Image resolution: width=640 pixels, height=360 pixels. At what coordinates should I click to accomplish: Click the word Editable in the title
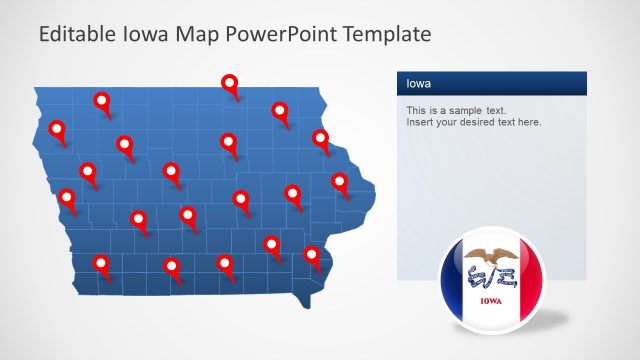74,34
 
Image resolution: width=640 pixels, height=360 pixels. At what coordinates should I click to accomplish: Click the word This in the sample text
416,110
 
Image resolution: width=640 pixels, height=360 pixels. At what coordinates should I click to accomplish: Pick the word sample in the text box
463,110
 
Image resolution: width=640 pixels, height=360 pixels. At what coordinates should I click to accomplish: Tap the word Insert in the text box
421,122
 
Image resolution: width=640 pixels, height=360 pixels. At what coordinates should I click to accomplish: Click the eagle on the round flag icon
491,258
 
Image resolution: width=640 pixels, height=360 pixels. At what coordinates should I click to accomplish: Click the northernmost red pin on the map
230,83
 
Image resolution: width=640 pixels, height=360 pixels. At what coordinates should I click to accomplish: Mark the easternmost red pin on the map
340,181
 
